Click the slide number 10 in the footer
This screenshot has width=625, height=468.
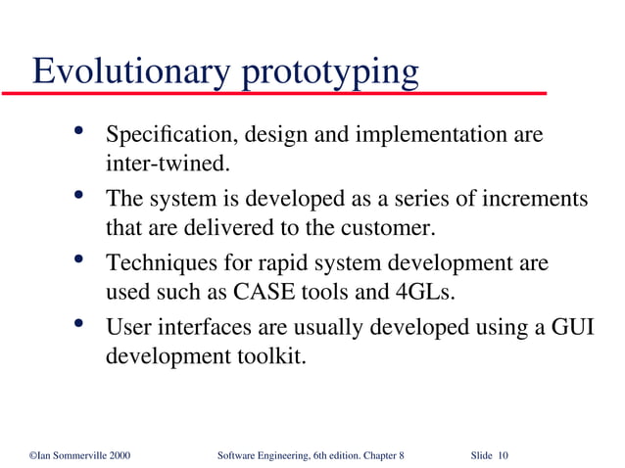tap(503, 455)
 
